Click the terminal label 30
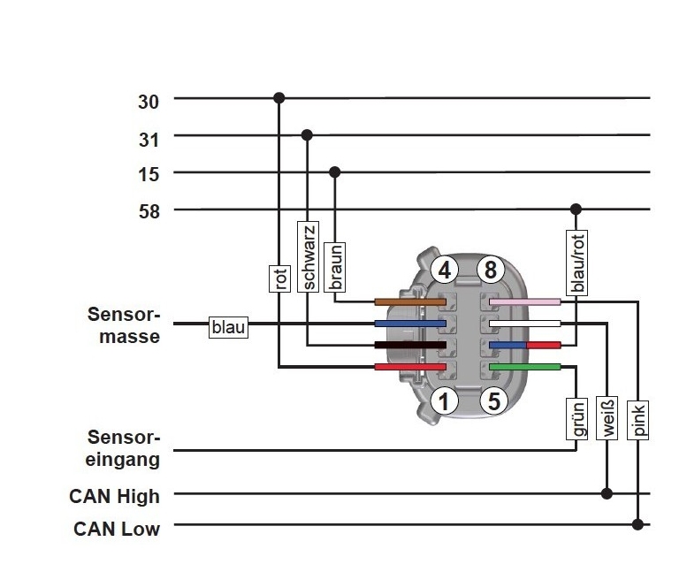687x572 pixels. coord(149,102)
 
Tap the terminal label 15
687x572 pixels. coord(149,174)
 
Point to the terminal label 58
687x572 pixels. coord(149,211)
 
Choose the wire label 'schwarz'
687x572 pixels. coord(308,255)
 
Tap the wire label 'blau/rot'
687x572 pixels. coord(577,263)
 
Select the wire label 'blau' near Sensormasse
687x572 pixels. coord(228,327)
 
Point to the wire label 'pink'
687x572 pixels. coord(638,419)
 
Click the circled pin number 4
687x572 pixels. coord(446,270)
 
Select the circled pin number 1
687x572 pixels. coord(446,401)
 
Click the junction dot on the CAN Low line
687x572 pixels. coord(637,524)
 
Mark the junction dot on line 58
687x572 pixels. coord(576,210)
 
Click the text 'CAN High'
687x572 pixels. coord(115,496)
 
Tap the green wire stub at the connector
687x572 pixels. coord(524,366)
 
